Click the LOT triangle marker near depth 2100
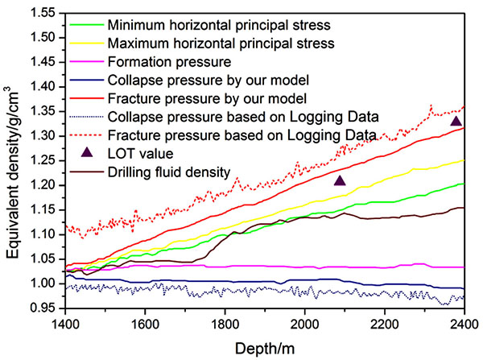click(340, 181)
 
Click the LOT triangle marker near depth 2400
click(456, 122)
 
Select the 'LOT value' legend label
click(137, 153)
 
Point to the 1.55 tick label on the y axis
click(40, 13)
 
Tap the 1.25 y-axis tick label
click(40, 160)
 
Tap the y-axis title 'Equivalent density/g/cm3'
click(14, 161)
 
